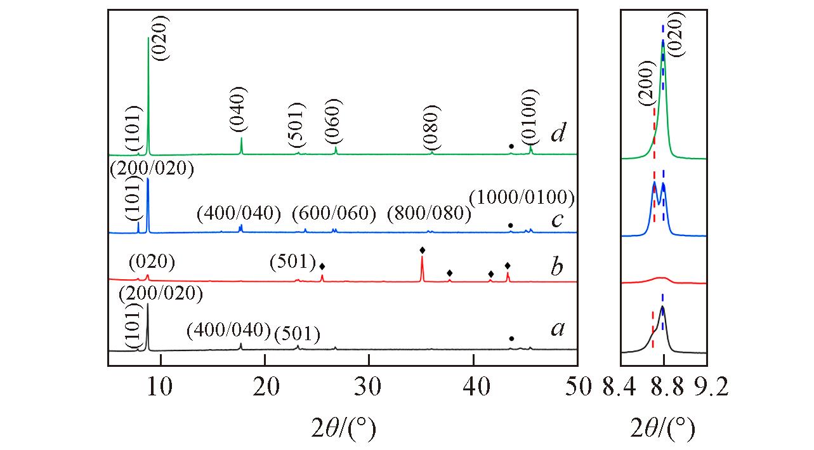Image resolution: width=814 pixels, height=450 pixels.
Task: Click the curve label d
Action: [x=558, y=135]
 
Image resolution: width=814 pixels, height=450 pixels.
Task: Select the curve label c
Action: [x=558, y=220]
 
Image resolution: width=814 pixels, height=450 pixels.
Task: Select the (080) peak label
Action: [x=431, y=125]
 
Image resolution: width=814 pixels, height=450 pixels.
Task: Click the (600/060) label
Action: [x=334, y=214]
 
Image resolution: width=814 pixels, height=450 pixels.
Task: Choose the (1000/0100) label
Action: [x=522, y=197]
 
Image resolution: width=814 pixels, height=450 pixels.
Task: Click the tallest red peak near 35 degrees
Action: [x=422, y=270]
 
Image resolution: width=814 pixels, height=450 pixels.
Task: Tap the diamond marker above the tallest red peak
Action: [x=423, y=250]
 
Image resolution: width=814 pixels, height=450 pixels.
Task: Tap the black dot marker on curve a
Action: [x=511, y=339]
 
